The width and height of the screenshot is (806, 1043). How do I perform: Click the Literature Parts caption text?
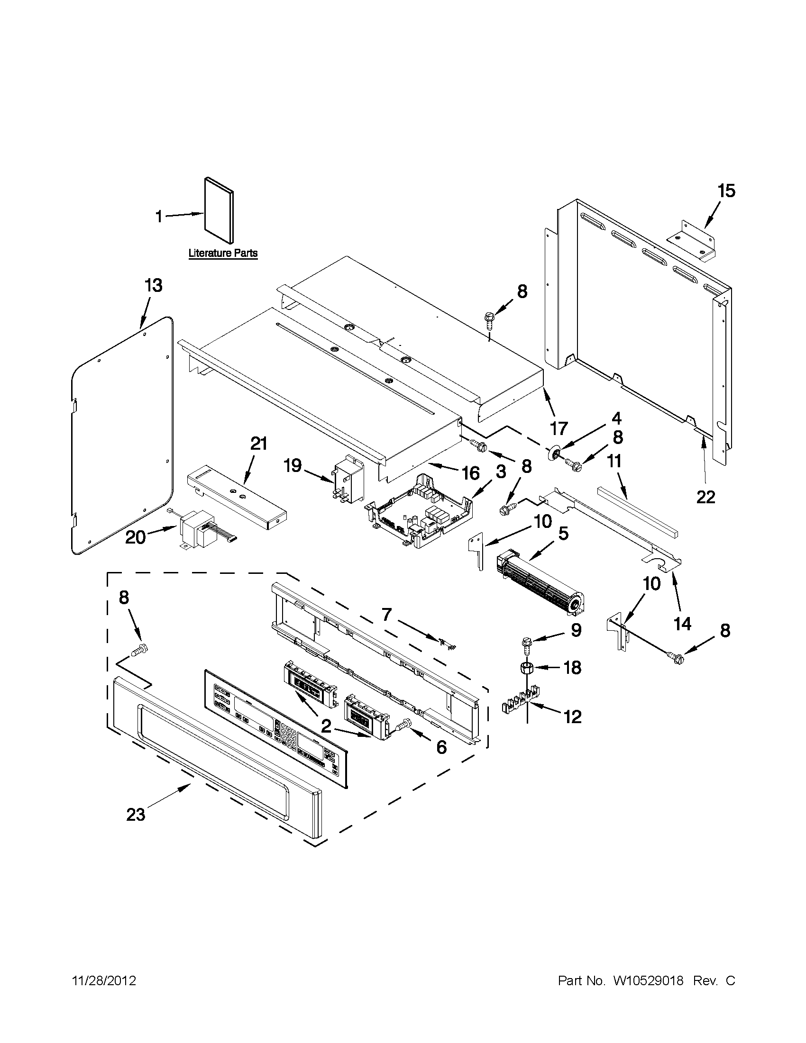(223, 253)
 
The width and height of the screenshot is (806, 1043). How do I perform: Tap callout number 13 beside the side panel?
(154, 286)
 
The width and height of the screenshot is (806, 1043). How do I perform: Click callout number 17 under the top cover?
(559, 428)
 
